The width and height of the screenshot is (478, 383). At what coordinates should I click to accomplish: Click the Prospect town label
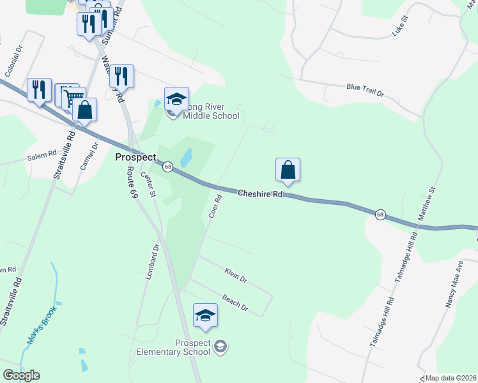coord(135,157)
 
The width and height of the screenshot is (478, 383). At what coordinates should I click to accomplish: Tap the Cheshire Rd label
coord(260,193)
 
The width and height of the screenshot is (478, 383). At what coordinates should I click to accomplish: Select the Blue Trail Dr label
coord(365,90)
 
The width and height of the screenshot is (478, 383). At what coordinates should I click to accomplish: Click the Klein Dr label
coord(235,275)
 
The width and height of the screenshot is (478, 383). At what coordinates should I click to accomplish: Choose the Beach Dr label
coord(235,302)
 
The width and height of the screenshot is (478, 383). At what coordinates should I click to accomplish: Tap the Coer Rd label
coord(215,206)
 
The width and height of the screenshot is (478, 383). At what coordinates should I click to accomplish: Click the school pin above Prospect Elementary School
coord(205,315)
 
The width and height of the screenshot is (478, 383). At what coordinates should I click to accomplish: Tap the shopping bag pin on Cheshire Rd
coord(288,170)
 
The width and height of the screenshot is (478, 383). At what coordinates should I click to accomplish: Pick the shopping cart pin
coord(75,98)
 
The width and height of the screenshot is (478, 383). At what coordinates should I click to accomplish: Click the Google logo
coord(21,375)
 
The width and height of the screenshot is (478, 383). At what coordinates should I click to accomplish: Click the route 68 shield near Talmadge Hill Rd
coord(380,214)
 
